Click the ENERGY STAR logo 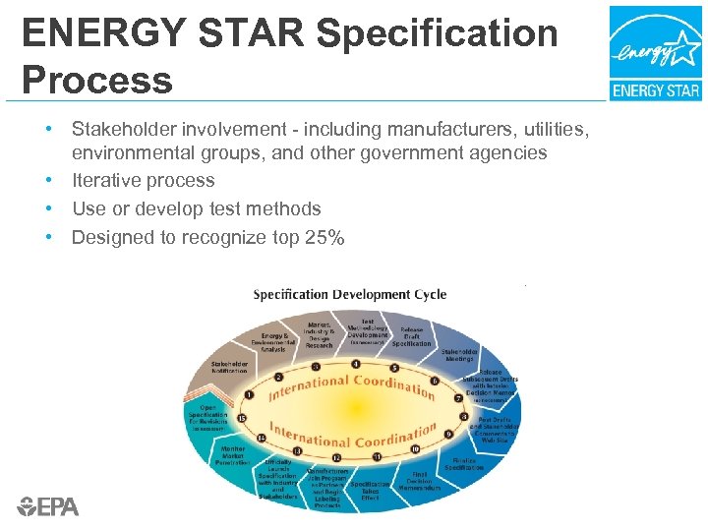pos(656,53)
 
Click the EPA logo pos(47,507)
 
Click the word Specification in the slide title pos(438,33)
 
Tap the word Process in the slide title pos(97,79)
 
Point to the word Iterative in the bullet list pos(108,181)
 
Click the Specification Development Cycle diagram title pos(350,294)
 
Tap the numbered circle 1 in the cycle pos(248,394)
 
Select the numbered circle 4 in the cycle pos(355,363)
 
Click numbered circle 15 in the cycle pos(241,419)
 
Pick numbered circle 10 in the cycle pos(416,449)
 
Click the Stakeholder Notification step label pos(230,368)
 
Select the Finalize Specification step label pos(463,463)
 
